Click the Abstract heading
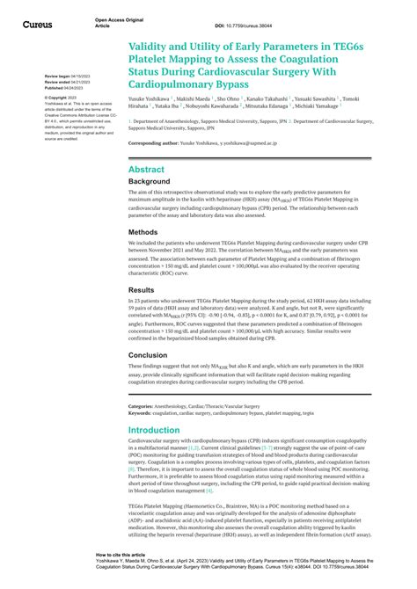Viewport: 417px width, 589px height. point(147,169)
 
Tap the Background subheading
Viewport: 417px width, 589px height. point(151,183)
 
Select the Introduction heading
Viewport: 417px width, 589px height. point(154,431)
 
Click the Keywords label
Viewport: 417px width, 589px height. point(140,412)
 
